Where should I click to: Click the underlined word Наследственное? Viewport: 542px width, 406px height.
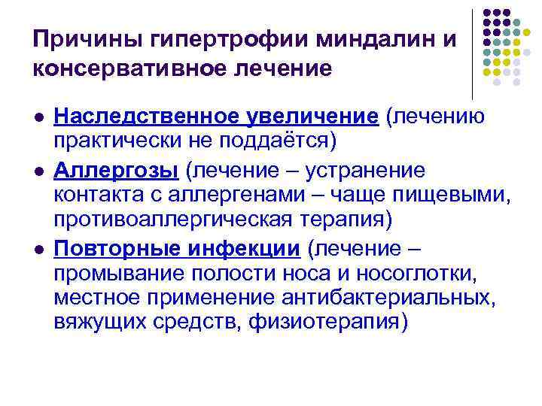click(x=147, y=117)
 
